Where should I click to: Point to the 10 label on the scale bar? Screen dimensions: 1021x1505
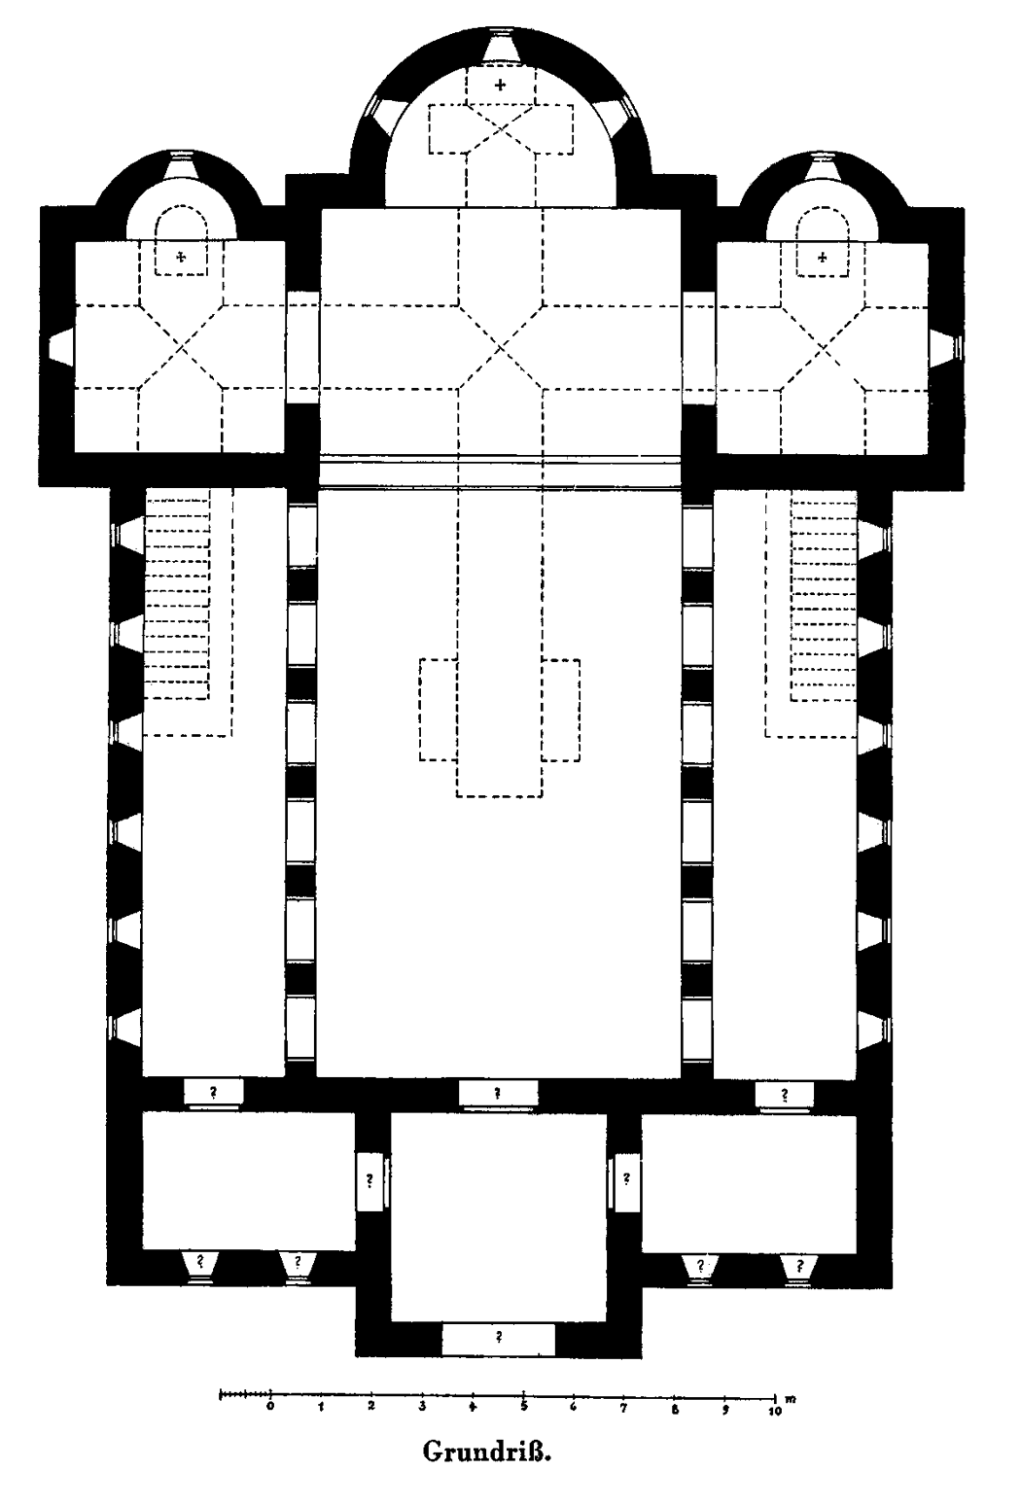(x=775, y=1412)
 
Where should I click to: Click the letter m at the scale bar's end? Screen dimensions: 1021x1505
(x=792, y=1399)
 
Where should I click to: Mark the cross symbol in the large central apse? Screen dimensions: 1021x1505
(x=500, y=86)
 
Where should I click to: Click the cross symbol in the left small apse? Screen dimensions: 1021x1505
(x=180, y=257)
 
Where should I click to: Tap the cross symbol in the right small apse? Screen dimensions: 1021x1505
(x=822, y=258)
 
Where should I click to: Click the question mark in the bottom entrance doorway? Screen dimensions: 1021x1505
(x=499, y=1337)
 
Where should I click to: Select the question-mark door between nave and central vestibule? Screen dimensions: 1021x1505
(x=498, y=1093)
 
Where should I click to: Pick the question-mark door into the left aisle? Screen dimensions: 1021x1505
(x=214, y=1093)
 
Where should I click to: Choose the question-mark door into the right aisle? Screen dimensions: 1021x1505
(x=784, y=1095)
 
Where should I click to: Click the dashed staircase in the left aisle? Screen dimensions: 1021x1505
(x=188, y=612)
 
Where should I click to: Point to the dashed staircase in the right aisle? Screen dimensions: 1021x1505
(x=812, y=612)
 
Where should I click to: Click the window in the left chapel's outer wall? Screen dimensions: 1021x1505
(x=60, y=348)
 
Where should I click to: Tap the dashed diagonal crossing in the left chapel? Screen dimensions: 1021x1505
(x=182, y=348)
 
